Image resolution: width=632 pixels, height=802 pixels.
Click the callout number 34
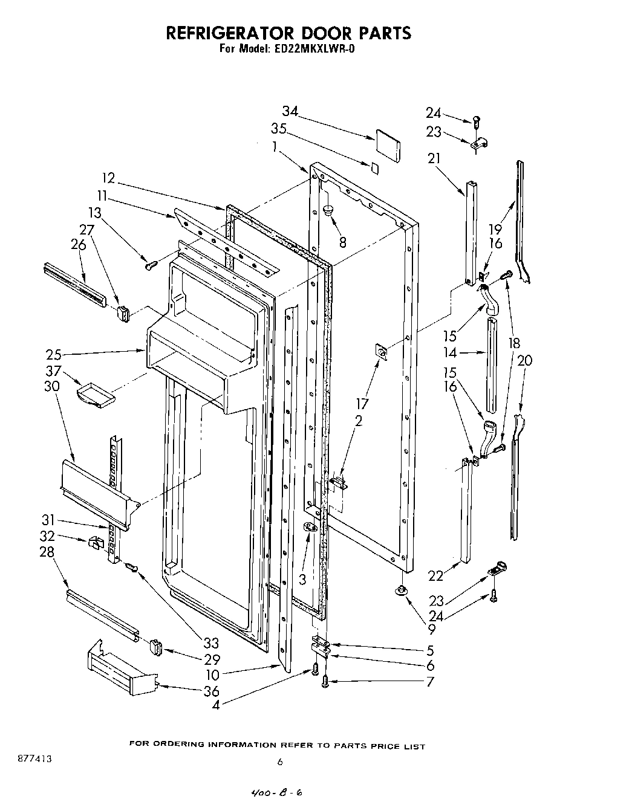click(290, 111)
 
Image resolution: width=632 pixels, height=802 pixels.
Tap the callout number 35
click(279, 129)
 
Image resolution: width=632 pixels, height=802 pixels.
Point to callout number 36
click(211, 691)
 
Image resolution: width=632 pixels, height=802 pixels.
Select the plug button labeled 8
click(329, 210)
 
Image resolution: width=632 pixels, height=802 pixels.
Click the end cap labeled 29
click(156, 647)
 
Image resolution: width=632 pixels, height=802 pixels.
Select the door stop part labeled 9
click(400, 591)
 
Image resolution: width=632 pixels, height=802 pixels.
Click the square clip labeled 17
click(381, 351)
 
